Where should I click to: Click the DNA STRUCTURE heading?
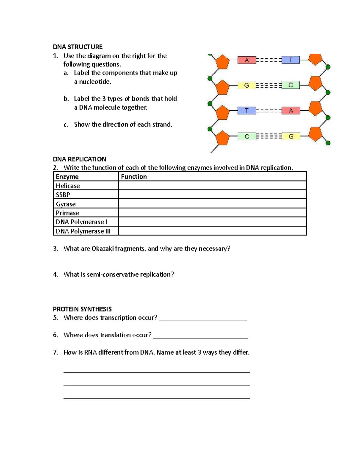tap(78, 47)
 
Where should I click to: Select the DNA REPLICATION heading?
tap(79, 159)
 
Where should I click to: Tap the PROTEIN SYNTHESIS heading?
tap(82, 309)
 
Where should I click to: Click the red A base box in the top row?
tap(247, 60)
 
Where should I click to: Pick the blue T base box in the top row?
tap(291, 60)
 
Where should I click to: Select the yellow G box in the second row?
tap(246, 86)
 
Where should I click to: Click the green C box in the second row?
tap(291, 85)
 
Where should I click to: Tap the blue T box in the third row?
tap(247, 111)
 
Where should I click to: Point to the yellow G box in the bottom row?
tap(291, 137)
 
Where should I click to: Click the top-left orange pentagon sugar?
tap(222, 62)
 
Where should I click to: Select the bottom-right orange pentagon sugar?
tap(315, 134)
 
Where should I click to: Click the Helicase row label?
tap(68, 186)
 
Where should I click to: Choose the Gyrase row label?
tap(66, 204)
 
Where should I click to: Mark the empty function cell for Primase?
tap(212, 213)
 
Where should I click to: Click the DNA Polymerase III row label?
tap(83, 231)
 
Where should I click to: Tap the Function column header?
tap(134, 176)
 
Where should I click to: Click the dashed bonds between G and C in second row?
tap(268, 86)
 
